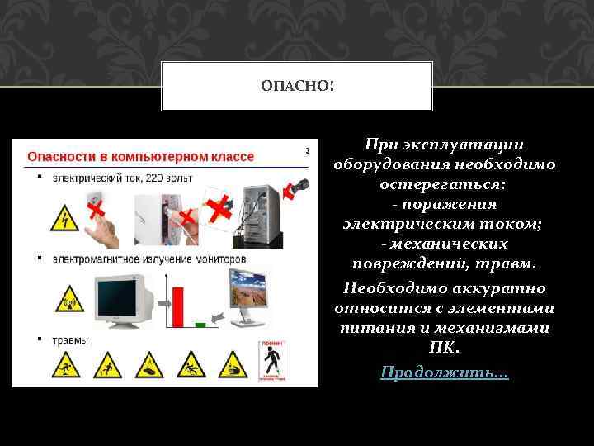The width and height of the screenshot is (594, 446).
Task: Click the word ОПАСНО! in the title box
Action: tap(297, 86)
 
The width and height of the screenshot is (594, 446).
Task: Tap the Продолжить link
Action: tap(445, 373)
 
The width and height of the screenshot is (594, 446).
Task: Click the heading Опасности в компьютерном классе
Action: tap(141, 156)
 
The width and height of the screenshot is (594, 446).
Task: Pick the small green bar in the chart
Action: tap(199, 325)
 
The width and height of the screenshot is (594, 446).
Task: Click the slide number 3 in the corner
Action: tap(308, 150)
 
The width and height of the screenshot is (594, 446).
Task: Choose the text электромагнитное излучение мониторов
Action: tap(149, 259)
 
